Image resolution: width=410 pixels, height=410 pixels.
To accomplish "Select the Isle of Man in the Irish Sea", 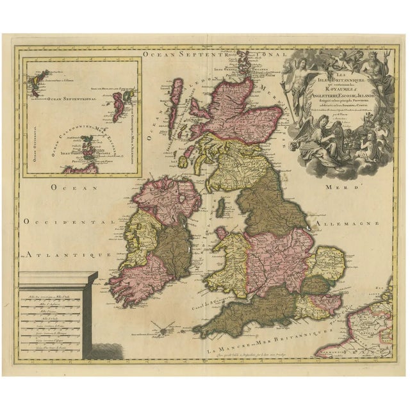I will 221,206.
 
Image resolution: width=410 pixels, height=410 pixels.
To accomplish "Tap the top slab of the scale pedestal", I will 58,277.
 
